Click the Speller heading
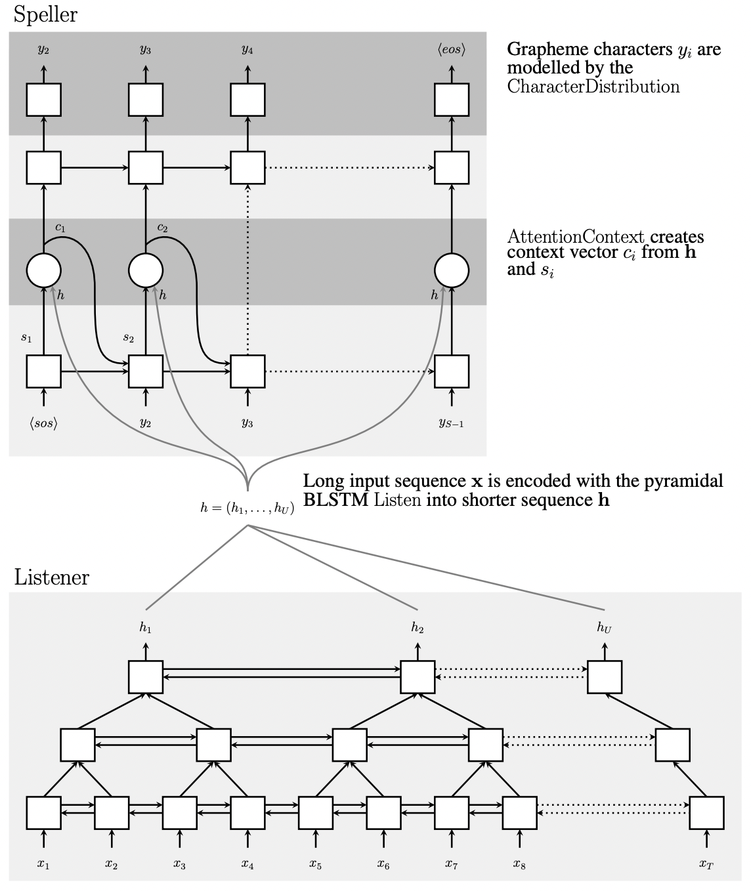45,14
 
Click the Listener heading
51,577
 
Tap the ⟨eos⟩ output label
452,50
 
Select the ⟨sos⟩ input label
43,423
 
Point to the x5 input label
315,864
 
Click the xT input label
706,864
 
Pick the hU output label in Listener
604,628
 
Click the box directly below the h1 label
146,676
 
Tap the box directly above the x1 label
43,813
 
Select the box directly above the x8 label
519,813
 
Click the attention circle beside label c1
43,270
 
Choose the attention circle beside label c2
146,270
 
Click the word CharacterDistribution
593,87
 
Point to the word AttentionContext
576,237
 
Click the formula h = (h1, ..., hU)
247,507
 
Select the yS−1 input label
452,423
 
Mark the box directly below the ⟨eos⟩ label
452,100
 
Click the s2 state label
128,338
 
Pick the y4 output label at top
247,50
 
